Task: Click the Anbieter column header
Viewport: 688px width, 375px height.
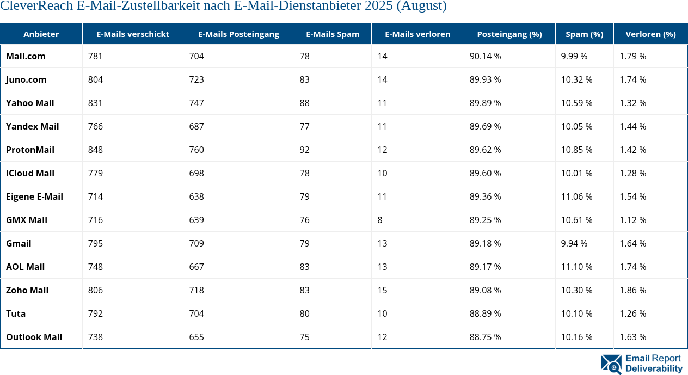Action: pyautogui.click(x=41, y=34)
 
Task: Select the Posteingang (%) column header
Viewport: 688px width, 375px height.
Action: pyautogui.click(x=509, y=34)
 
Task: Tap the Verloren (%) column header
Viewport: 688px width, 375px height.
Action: pyautogui.click(x=650, y=34)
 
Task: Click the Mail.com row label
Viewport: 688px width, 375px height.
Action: pyautogui.click(x=26, y=56)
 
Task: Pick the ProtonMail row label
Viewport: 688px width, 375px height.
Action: pyautogui.click(x=30, y=150)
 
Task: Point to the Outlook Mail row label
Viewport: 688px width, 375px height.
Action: pyautogui.click(x=34, y=337)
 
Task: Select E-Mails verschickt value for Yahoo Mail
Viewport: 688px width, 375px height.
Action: pyautogui.click(x=95, y=103)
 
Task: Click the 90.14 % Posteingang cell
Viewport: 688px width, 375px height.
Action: pyautogui.click(x=485, y=56)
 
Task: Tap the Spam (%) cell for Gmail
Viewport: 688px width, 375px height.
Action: pyautogui.click(x=574, y=243)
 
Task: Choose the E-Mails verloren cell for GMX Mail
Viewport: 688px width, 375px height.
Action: pyautogui.click(x=380, y=220)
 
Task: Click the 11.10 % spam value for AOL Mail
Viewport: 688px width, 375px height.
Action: pyautogui.click(x=576, y=267)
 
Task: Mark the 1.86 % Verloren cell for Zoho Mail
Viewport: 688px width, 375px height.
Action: pyautogui.click(x=632, y=290)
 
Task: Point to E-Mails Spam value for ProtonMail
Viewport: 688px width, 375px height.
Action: pyautogui.click(x=304, y=150)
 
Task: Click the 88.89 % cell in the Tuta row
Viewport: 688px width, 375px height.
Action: pyautogui.click(x=485, y=313)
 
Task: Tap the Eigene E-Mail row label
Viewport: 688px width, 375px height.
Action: pyautogui.click(x=34, y=196)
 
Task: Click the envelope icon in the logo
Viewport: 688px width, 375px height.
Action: pyautogui.click(x=611, y=364)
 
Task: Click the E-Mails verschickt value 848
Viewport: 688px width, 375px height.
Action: pyautogui.click(x=95, y=150)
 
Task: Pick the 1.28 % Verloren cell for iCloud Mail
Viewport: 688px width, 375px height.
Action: pyautogui.click(x=632, y=173)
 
